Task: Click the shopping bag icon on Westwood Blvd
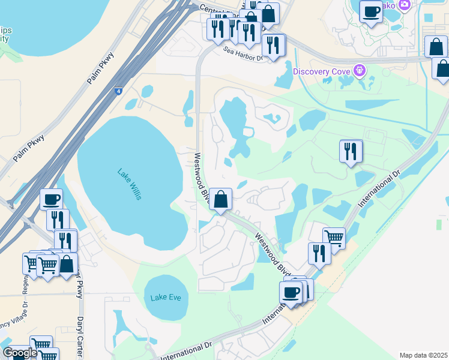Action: click(221, 199)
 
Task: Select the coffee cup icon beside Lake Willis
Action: click(52, 199)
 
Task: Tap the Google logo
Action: click(20, 353)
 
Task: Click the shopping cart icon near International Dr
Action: click(334, 237)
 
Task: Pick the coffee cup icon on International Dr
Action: click(291, 292)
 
